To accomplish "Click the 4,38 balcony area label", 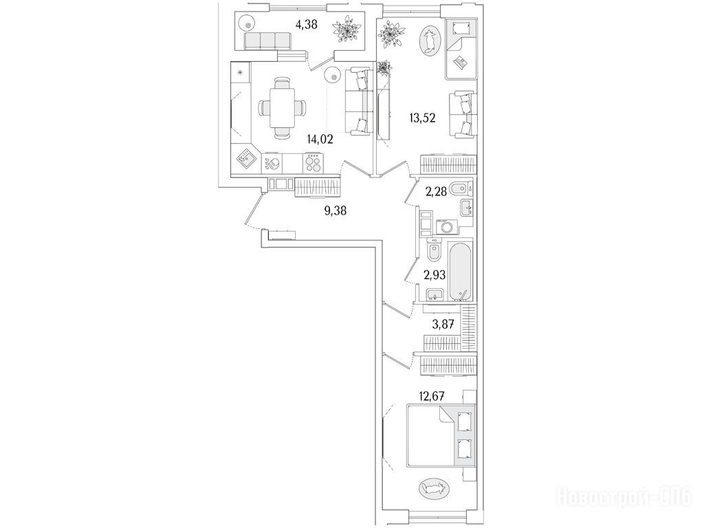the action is (306, 24).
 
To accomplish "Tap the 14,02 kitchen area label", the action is (320, 140).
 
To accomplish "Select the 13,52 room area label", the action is (422, 118).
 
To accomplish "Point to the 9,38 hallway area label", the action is (336, 210).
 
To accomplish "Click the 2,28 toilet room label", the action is (435, 192).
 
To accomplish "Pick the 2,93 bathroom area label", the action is (435, 275).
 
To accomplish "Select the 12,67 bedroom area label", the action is (432, 396).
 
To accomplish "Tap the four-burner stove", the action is (313, 164).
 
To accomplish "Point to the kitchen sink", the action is (245, 159).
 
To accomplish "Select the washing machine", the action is (446, 227).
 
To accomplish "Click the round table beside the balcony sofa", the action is (246, 21).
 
